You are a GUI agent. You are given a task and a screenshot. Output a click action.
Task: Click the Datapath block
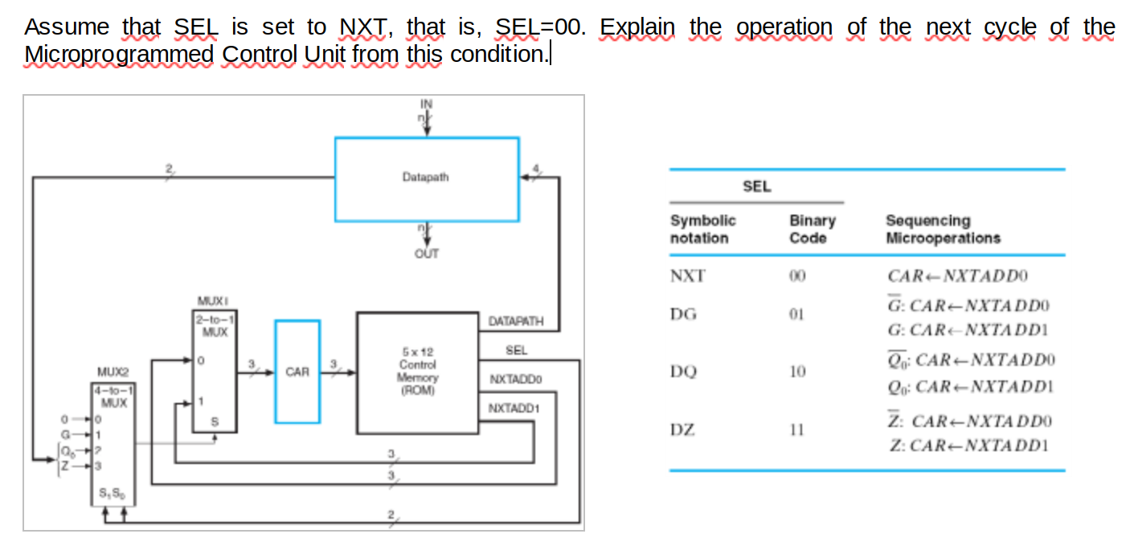tap(426, 179)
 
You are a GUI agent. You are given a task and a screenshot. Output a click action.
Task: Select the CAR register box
tap(297, 372)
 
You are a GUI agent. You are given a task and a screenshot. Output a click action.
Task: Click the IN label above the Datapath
tap(426, 103)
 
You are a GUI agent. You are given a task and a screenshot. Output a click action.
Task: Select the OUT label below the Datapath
tap(426, 253)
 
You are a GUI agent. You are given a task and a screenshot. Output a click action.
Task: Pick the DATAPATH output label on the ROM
tap(516, 321)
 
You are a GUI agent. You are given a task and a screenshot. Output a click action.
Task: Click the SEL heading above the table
tap(756, 187)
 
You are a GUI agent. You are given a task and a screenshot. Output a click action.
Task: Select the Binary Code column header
tap(812, 229)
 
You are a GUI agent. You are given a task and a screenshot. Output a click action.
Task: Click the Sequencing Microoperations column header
tap(942, 229)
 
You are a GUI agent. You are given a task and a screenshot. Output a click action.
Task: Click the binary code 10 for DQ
tap(796, 372)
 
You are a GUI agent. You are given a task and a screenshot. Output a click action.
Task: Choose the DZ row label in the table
tap(684, 430)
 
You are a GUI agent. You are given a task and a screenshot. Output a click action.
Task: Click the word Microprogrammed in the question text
tap(119, 55)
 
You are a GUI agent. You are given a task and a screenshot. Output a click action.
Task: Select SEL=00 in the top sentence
tap(536, 27)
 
